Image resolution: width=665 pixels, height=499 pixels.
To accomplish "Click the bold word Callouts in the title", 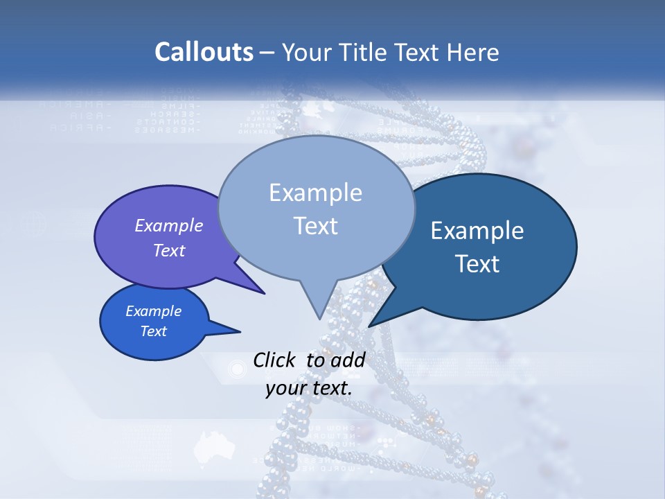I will pyautogui.click(x=204, y=52).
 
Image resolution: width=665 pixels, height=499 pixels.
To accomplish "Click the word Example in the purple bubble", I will pyautogui.click(x=169, y=225).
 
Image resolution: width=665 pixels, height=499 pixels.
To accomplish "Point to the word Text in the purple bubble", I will pyautogui.click(x=169, y=250).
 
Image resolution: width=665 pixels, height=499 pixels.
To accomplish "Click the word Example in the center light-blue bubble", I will pyautogui.click(x=315, y=193).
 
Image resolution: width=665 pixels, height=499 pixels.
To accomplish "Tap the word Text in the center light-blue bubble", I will pyautogui.click(x=315, y=226).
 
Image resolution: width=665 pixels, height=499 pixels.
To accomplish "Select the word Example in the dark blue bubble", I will pyautogui.click(x=477, y=231).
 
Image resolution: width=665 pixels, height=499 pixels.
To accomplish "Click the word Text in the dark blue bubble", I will pyautogui.click(x=477, y=264).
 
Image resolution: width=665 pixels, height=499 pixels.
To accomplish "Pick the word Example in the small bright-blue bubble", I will pyautogui.click(x=154, y=311).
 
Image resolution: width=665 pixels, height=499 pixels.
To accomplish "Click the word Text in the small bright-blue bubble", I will pyautogui.click(x=154, y=331).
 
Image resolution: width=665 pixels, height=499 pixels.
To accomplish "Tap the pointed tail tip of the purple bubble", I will pyautogui.click(x=264, y=293).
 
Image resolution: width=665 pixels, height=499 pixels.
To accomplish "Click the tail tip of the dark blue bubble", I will pyautogui.click(x=369, y=326).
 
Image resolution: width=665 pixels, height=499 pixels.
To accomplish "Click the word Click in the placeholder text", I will pyautogui.click(x=275, y=360).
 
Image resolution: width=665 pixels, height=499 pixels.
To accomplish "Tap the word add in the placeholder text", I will pyautogui.click(x=348, y=360).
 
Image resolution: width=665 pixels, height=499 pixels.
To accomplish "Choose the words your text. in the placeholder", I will pyautogui.click(x=309, y=388).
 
